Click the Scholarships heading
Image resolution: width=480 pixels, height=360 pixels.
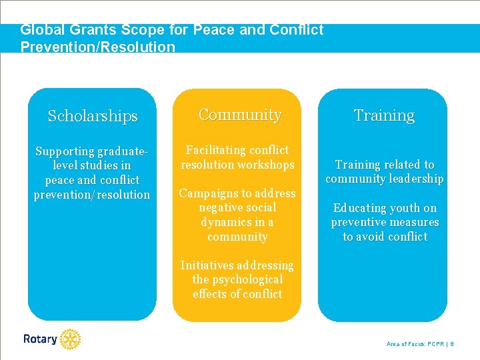92,116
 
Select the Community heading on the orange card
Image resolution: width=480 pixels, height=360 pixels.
239,115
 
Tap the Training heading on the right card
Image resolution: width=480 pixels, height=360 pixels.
384,115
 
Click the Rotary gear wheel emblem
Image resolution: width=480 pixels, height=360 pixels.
69,339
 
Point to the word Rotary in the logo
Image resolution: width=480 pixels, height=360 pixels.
40,339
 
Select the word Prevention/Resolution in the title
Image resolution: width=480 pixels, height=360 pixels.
97,47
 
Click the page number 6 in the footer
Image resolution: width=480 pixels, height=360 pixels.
452,344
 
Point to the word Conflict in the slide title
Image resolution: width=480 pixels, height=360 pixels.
297,30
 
